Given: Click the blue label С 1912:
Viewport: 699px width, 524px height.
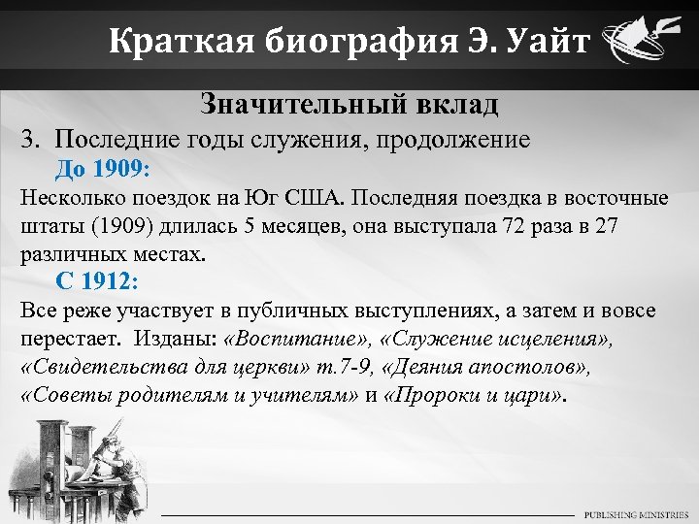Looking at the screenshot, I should pos(97,282).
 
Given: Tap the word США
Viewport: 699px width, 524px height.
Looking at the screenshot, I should pos(314,198).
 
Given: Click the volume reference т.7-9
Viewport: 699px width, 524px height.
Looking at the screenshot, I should pos(340,369).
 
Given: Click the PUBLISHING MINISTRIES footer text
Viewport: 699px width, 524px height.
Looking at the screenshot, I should pos(636,513).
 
